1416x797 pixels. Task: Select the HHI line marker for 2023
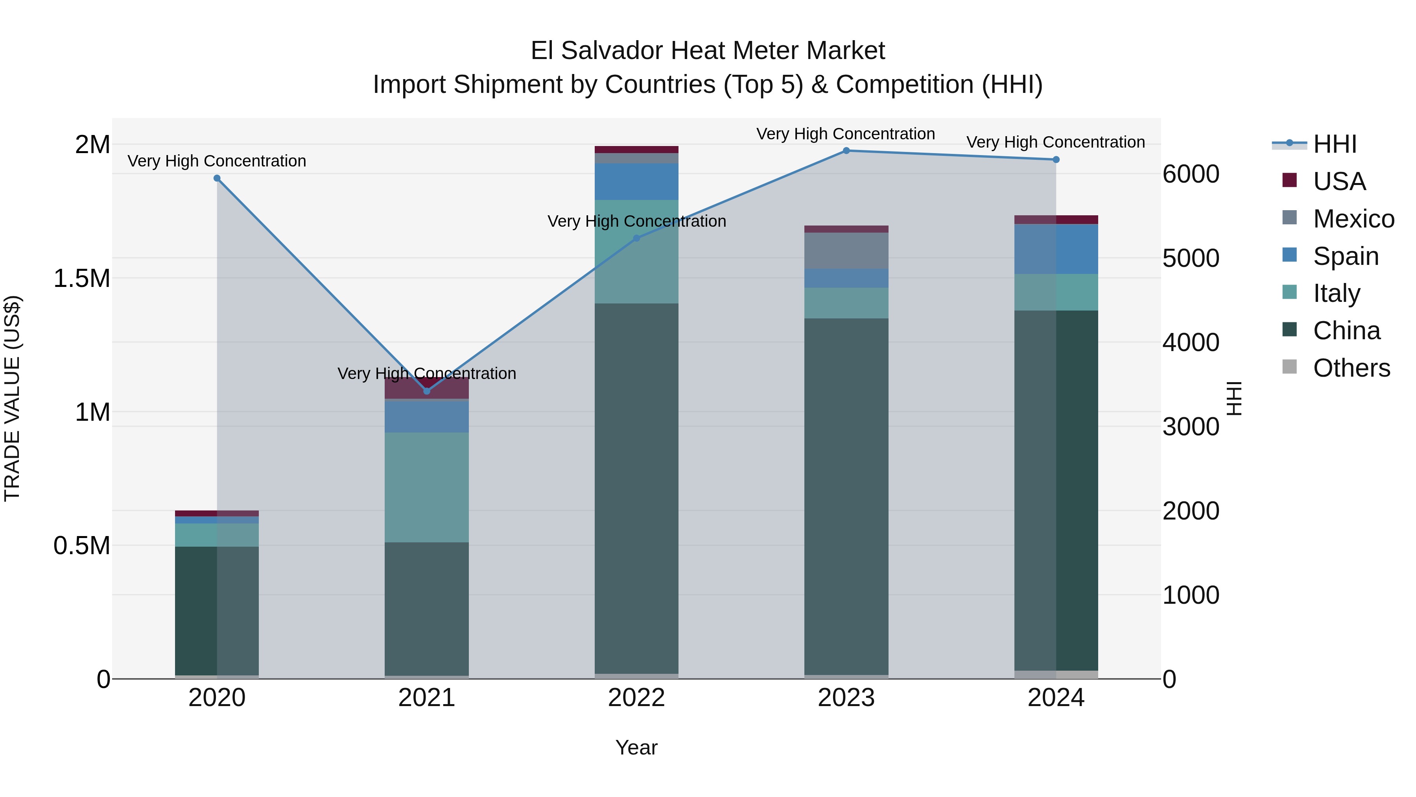coord(846,151)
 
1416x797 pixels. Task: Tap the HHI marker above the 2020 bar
coord(217,178)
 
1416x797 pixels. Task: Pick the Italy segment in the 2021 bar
coord(426,487)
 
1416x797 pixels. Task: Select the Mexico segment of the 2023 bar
coord(846,251)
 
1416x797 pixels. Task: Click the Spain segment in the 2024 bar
coord(1056,249)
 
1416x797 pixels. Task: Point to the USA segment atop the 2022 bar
coord(636,150)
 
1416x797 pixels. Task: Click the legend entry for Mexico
coord(1353,219)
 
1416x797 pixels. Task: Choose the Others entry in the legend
coord(1351,368)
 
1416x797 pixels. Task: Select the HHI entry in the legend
coord(1335,144)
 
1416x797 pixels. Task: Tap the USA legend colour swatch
coord(1289,180)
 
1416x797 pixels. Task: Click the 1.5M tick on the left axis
coord(81,278)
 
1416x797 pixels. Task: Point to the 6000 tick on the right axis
coord(1191,174)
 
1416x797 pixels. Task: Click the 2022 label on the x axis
coord(636,698)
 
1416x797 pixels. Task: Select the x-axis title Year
coord(636,747)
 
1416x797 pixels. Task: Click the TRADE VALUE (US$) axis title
coord(12,398)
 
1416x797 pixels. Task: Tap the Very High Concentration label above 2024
coord(1055,142)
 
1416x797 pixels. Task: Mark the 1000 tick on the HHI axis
coord(1191,595)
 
